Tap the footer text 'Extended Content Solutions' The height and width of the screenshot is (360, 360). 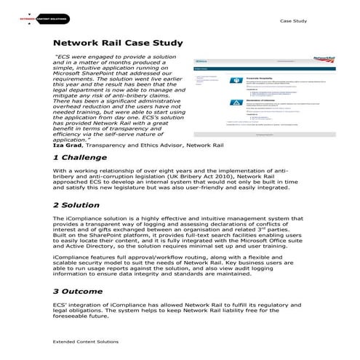(x=86, y=340)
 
